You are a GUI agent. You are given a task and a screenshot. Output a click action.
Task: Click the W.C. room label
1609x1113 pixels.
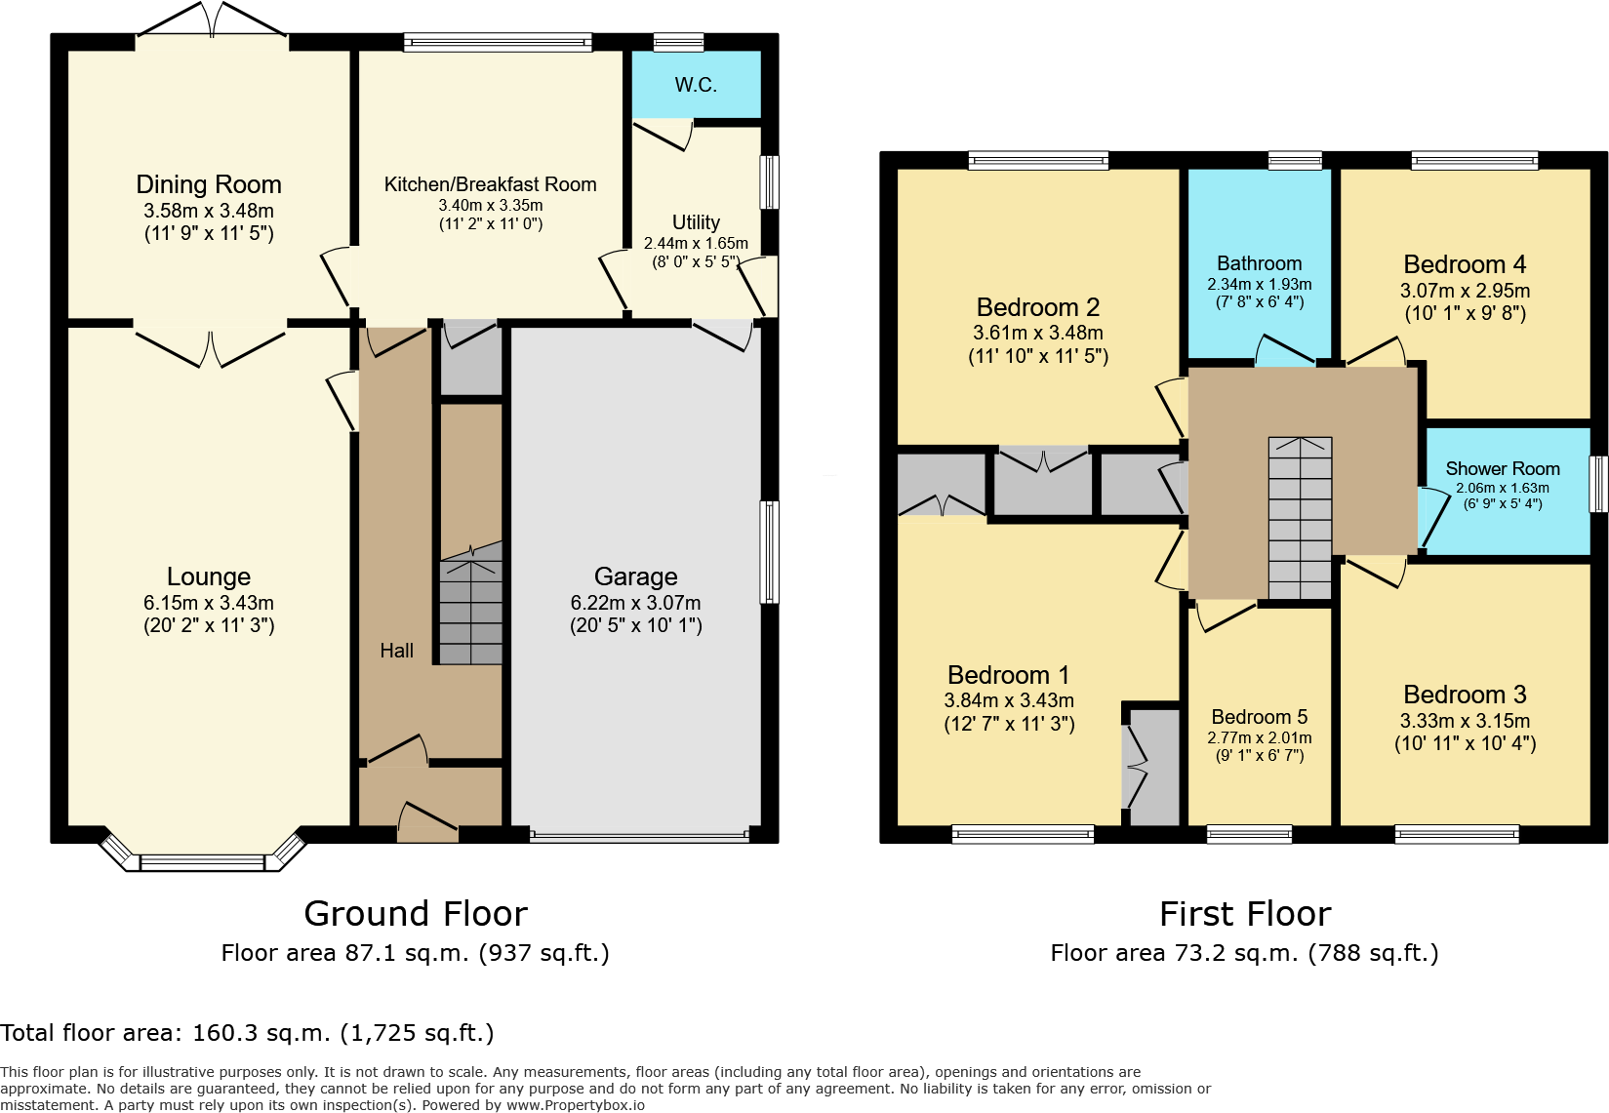pyautogui.click(x=696, y=85)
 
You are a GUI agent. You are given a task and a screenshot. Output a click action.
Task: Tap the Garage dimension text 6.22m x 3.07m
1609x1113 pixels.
pyautogui.click(x=635, y=603)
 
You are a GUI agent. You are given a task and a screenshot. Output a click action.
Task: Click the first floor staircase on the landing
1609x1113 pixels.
pyautogui.click(x=1300, y=518)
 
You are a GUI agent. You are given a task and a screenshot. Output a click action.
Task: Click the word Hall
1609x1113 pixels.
pyautogui.click(x=396, y=651)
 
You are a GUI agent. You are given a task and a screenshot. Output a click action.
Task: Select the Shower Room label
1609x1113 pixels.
pyautogui.click(x=1502, y=469)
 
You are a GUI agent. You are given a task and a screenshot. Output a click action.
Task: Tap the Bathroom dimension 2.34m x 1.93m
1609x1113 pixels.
pyautogui.click(x=1259, y=285)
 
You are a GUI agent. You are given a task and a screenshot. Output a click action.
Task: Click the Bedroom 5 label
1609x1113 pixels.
pyautogui.click(x=1259, y=717)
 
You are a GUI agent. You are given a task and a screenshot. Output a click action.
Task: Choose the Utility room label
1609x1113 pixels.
pyautogui.click(x=696, y=222)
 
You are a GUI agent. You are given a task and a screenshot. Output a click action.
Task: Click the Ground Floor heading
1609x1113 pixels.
pyautogui.click(x=416, y=914)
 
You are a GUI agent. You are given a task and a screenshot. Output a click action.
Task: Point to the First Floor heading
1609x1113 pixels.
pyautogui.click(x=1244, y=914)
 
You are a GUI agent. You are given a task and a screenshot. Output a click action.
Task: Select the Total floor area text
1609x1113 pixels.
pyautogui.click(x=248, y=1033)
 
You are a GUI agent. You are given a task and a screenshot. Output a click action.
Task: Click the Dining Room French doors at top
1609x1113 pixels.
pyautogui.click(x=212, y=21)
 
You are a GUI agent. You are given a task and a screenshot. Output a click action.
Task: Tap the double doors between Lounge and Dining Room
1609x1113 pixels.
pyautogui.click(x=211, y=346)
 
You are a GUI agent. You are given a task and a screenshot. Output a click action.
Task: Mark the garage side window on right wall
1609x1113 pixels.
pyautogui.click(x=770, y=552)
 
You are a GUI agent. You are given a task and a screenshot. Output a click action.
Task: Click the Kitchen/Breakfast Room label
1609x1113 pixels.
pyautogui.click(x=490, y=184)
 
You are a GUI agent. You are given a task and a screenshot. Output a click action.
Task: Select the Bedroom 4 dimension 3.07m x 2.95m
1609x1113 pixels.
pyautogui.click(x=1465, y=291)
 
